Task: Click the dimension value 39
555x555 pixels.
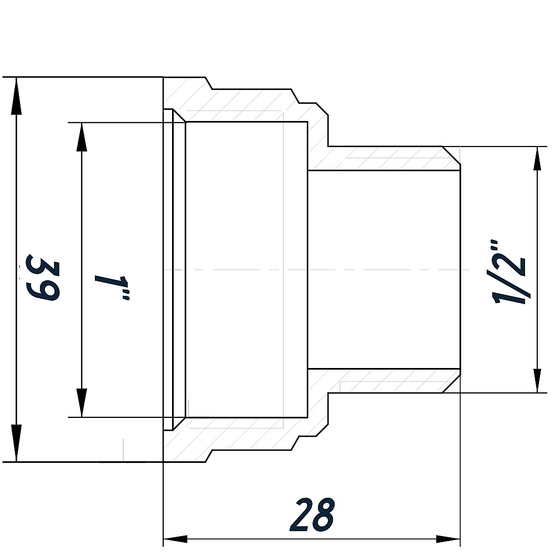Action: tap(43, 277)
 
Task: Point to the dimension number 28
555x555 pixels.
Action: tap(314, 514)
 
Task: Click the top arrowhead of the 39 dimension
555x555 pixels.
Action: tap(17, 91)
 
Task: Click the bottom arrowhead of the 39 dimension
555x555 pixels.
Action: tap(17, 447)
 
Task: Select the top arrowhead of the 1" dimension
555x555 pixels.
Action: tap(82, 137)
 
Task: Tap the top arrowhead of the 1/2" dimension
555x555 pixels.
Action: tap(537, 160)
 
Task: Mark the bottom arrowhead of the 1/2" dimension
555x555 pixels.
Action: tap(537, 380)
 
